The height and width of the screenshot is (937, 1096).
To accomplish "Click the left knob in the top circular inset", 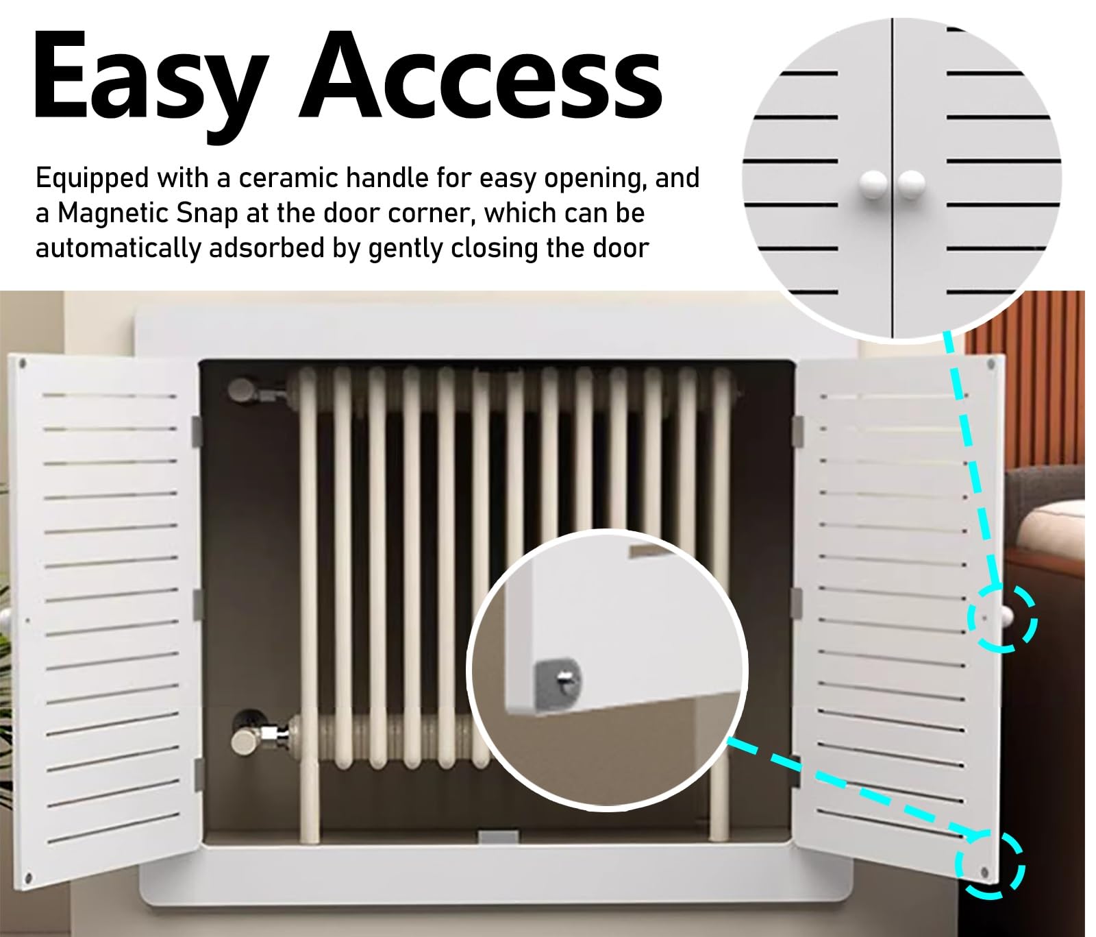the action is [873, 184].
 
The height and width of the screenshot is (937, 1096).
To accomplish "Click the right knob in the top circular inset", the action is [911, 184].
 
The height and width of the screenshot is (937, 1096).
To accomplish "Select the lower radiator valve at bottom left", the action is [253, 738].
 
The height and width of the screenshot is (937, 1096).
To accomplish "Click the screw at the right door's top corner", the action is [991, 364].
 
